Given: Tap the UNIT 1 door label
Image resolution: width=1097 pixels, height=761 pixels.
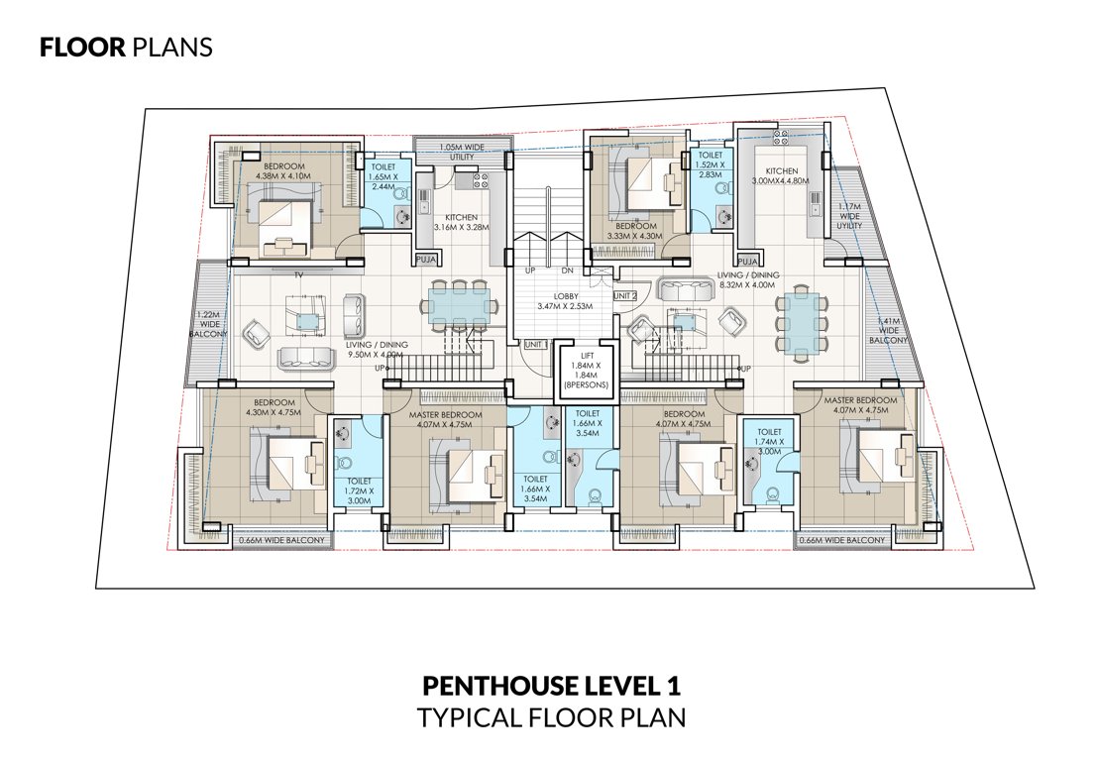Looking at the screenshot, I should (x=536, y=343).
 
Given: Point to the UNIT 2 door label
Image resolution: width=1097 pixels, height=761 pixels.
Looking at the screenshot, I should (x=624, y=295).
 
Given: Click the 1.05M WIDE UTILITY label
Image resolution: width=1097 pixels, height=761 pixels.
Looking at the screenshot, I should (x=458, y=151).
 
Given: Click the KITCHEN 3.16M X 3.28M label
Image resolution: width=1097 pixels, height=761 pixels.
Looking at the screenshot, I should (x=461, y=223).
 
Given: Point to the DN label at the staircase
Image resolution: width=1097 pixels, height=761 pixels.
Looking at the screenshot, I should (x=568, y=271).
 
